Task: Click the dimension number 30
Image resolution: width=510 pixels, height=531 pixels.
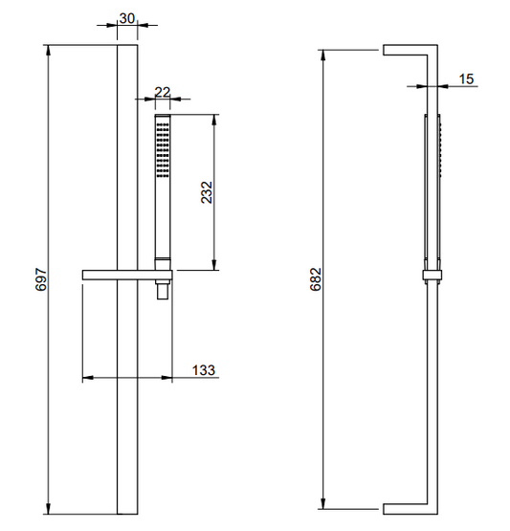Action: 127,18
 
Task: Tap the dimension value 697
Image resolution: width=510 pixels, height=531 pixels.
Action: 41,279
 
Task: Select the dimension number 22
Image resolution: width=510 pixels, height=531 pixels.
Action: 163,92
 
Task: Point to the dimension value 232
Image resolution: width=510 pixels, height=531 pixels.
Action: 207,192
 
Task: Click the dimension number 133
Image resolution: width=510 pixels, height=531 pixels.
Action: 204,370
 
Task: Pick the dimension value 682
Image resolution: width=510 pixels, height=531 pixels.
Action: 316,279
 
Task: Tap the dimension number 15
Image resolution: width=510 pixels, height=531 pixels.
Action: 466,79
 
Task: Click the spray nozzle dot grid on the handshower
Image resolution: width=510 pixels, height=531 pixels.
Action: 163,150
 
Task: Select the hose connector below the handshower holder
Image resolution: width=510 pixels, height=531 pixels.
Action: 163,290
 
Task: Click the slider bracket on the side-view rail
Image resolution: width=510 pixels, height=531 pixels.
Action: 432,276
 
